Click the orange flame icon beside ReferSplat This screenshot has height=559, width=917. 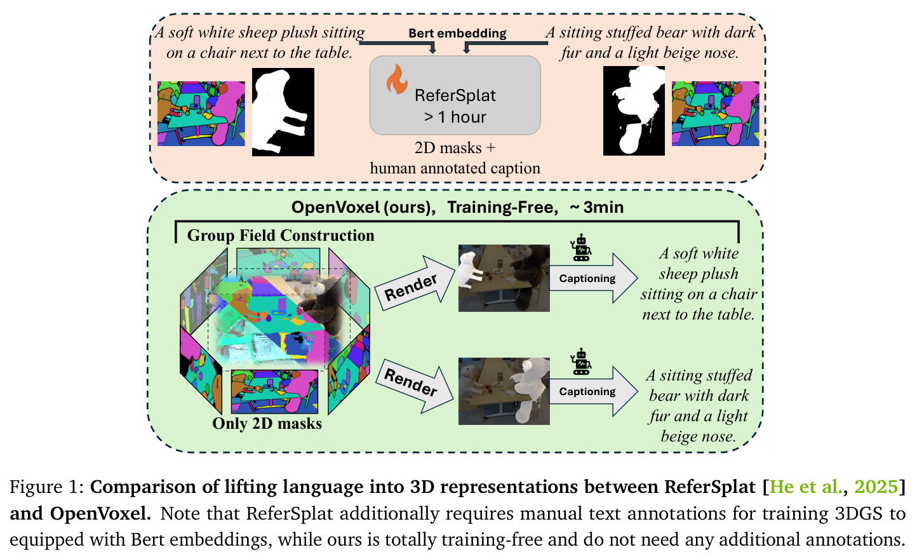(x=397, y=79)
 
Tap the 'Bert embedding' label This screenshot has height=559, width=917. (x=457, y=33)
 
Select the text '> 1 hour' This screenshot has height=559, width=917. (x=455, y=117)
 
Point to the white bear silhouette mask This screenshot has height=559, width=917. (x=634, y=111)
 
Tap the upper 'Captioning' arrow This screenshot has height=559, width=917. (x=592, y=278)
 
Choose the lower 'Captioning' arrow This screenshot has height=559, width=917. (x=592, y=391)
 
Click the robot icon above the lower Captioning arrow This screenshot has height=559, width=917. (x=581, y=361)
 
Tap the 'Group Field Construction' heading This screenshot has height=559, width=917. (x=281, y=236)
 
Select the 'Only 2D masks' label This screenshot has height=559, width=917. (x=267, y=424)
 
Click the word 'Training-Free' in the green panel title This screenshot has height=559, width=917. (x=502, y=207)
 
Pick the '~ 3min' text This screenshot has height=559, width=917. (x=596, y=207)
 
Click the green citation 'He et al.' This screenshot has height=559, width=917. (x=805, y=487)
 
